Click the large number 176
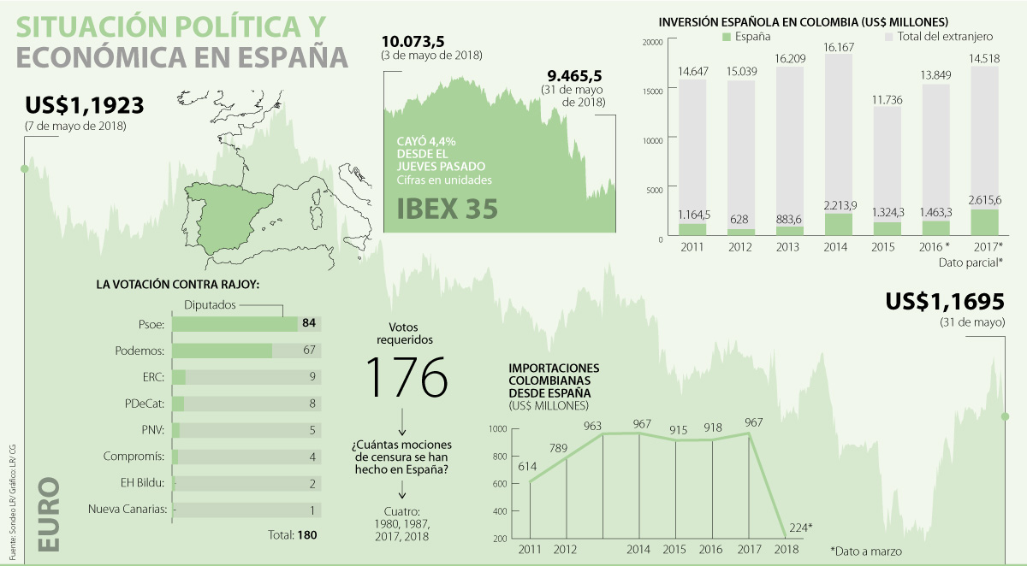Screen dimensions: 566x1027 406,376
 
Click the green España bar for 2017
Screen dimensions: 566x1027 984,221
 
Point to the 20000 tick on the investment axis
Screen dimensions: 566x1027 652,42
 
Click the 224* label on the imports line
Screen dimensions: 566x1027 800,528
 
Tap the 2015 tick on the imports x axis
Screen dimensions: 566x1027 675,549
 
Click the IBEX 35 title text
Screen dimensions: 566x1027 447,209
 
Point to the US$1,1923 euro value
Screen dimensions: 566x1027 84,106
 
